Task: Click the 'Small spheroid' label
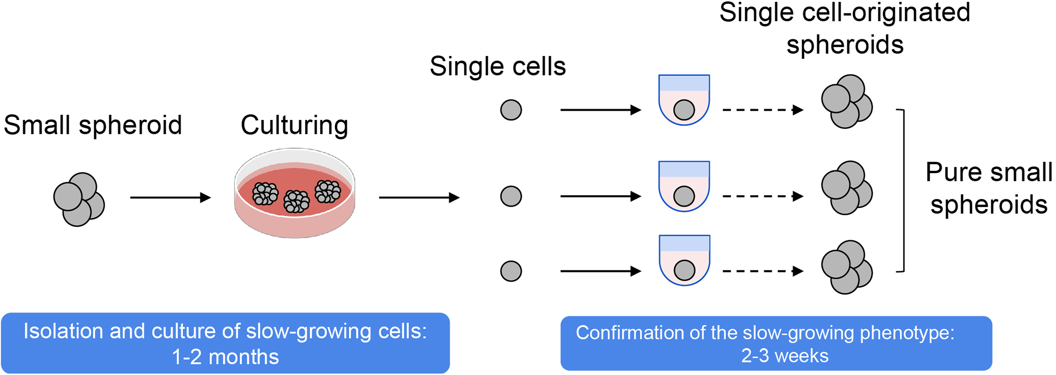(x=93, y=125)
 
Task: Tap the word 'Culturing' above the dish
(x=294, y=125)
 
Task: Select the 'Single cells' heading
(x=497, y=66)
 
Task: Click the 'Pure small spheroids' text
(x=989, y=188)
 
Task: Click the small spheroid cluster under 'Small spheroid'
(x=79, y=199)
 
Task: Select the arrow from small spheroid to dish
(x=170, y=197)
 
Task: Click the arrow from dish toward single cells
(x=419, y=197)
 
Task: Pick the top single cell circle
(x=511, y=110)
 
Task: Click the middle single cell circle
(x=511, y=196)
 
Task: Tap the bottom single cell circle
(x=511, y=271)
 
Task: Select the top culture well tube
(x=684, y=99)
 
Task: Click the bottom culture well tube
(x=684, y=260)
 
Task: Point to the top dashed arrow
(x=762, y=110)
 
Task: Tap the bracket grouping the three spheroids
(x=902, y=190)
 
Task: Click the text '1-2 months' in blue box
(x=225, y=357)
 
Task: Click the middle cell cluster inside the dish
(x=296, y=201)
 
